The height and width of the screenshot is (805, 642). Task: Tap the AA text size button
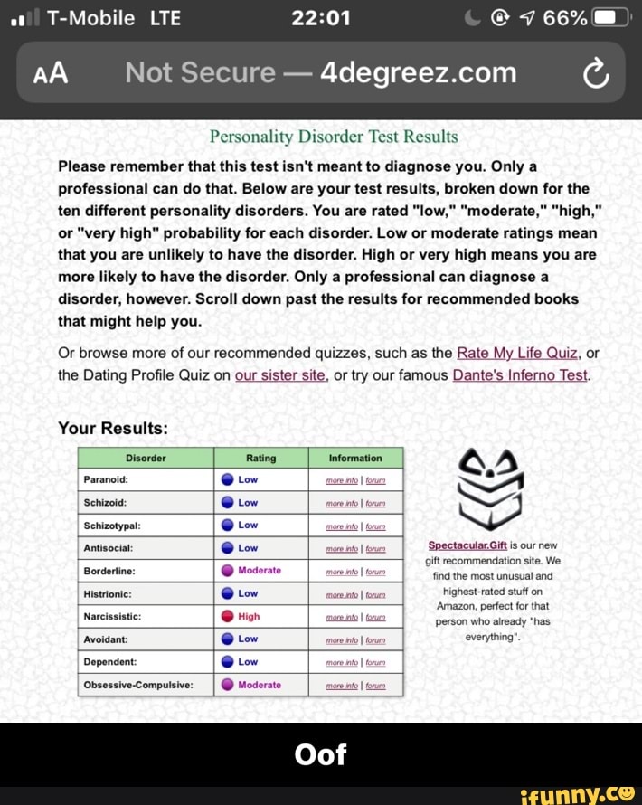coord(51,73)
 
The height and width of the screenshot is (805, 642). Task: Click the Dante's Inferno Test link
coord(520,375)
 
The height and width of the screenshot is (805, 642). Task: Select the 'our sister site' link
coord(279,375)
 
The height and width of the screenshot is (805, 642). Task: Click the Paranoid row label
coord(105,479)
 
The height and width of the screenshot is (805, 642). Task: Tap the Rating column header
coord(260,458)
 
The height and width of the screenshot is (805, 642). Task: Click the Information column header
coord(355,458)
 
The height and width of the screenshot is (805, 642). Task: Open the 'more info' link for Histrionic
coord(343,594)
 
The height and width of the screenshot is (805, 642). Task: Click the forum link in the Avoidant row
coord(375,640)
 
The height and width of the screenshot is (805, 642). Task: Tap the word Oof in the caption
coord(320,754)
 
